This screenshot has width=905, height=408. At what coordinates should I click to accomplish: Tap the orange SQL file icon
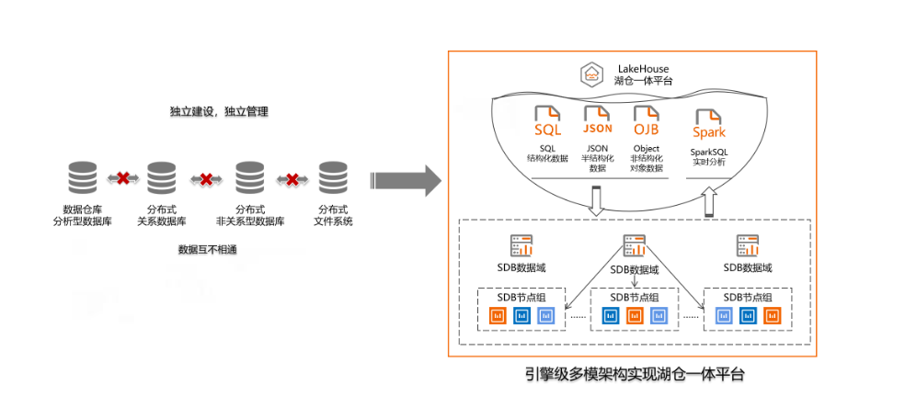tap(547, 121)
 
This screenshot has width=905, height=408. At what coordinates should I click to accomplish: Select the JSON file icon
tap(598, 121)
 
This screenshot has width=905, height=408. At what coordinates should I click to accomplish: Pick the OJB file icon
tap(647, 121)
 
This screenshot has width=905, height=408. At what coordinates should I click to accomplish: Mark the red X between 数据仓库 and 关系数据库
tap(121, 177)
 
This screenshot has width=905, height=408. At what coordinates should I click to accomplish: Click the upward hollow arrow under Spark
tap(709, 201)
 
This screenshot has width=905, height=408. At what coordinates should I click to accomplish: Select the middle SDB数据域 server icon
tap(634, 245)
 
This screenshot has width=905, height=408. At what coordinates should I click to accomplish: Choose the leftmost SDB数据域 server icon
tap(521, 245)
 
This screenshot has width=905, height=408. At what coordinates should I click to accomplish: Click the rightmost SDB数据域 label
tap(747, 268)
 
